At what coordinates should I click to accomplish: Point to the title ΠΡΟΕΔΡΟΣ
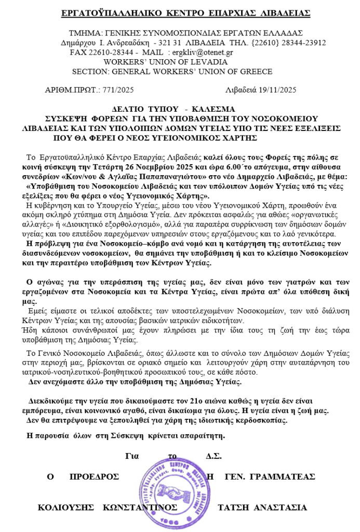pos(94,476)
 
